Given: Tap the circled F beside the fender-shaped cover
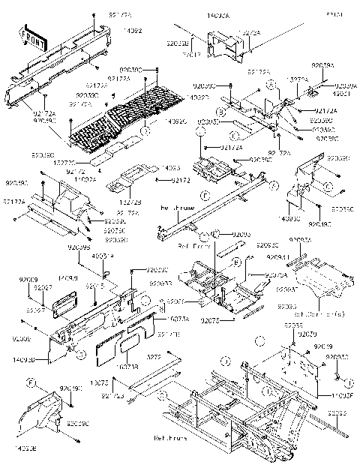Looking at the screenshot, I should (31, 384).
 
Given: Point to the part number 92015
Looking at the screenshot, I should (95, 286).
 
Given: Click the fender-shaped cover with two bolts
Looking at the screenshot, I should (45, 409).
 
